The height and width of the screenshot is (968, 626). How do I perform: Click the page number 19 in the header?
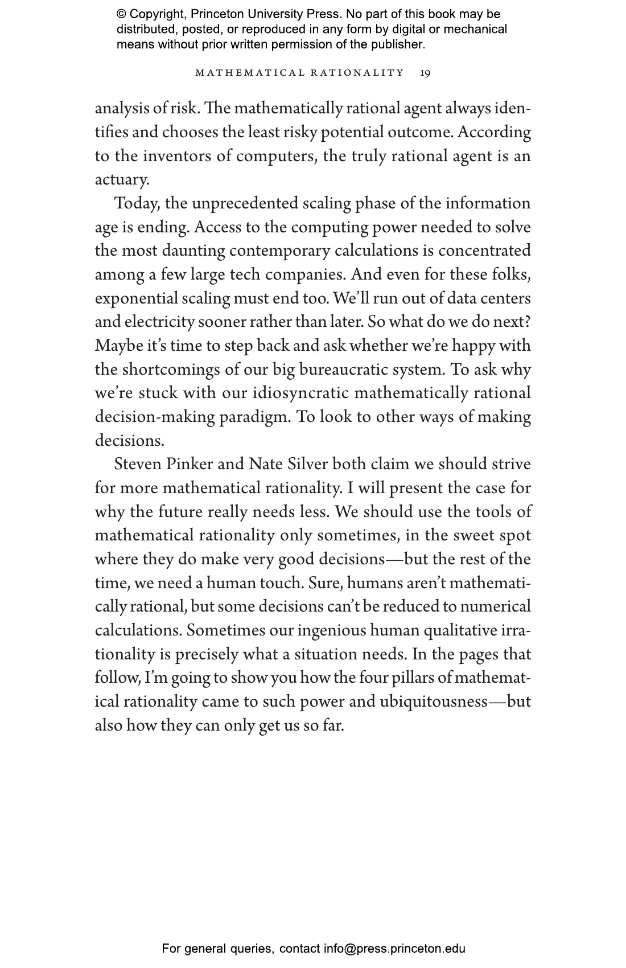click(425, 73)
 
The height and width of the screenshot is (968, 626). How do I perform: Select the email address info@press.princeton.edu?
click(394, 949)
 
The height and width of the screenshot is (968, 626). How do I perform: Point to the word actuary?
click(122, 180)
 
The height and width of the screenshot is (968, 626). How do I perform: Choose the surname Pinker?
click(190, 464)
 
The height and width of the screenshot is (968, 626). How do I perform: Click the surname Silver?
click(308, 464)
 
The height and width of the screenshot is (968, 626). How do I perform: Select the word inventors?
click(176, 156)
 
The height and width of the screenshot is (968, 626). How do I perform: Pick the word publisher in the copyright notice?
click(397, 44)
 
